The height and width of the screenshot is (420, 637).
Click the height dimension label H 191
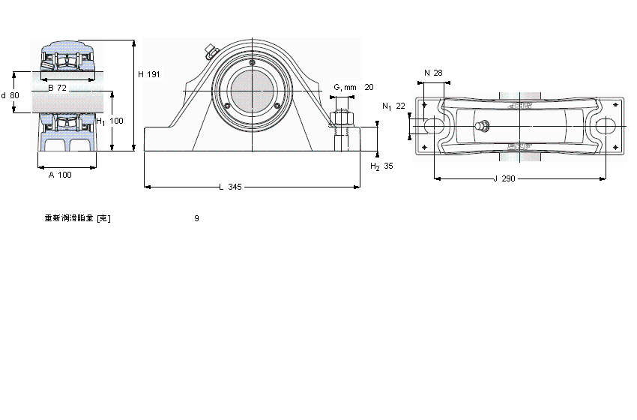pos(149,74)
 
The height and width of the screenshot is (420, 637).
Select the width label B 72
pos(57,88)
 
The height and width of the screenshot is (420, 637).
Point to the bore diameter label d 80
pos(10,95)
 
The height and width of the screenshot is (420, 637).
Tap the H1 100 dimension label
pos(109,121)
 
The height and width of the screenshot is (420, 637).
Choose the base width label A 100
pos(60,175)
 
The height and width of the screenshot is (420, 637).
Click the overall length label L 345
pos(230,187)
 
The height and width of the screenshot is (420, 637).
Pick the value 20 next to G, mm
pos(369,87)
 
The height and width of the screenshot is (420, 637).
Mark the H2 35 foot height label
pos(381,166)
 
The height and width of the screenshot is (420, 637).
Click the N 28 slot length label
pos(433,73)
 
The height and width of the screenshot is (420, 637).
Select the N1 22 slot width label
pos(393,106)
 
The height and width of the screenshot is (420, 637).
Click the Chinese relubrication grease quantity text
pos(77,218)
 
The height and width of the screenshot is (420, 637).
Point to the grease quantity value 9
pos(196,218)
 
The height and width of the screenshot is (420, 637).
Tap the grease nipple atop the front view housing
pos(209,52)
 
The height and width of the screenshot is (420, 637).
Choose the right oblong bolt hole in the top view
pos(605,127)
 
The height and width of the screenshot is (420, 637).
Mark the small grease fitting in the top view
pos(483,126)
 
